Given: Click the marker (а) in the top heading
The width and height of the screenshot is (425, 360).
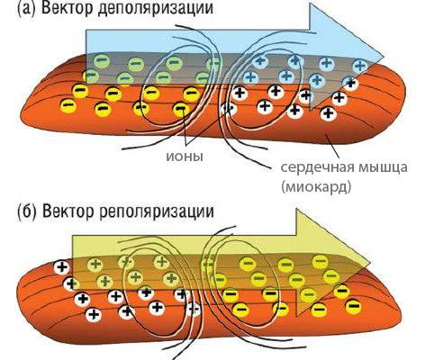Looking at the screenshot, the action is coord(25,8).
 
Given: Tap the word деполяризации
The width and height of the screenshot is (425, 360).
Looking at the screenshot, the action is coord(156,8).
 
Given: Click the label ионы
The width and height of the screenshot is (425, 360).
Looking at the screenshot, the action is coord(185,157).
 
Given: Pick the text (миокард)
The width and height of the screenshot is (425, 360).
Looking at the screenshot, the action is coord(316,186).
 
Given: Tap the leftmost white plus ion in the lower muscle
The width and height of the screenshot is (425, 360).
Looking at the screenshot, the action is coord(61,267).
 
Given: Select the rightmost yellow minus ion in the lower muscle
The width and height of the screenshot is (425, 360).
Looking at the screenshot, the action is coord(353,306).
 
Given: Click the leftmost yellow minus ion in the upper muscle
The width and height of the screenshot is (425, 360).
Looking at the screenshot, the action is coord(68,106).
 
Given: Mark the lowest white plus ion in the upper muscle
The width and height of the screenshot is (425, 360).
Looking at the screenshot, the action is coord(328,113).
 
